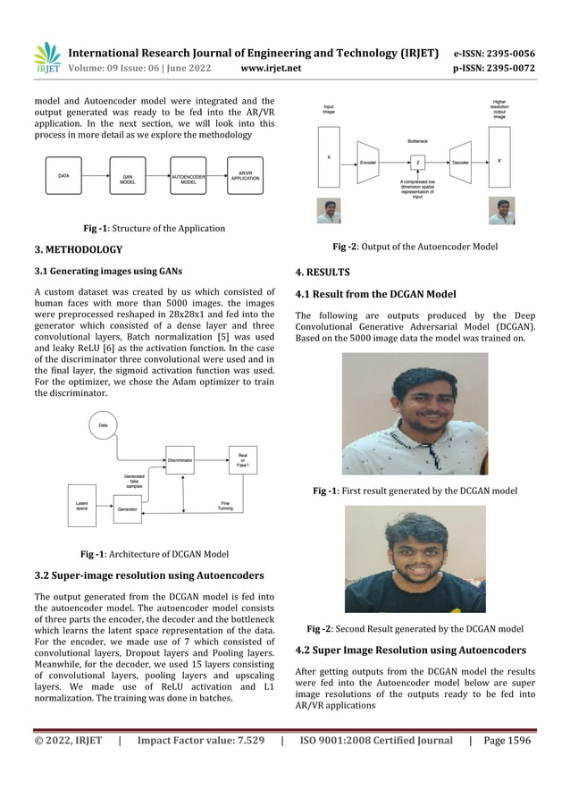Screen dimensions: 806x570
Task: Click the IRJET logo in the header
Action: tap(47, 59)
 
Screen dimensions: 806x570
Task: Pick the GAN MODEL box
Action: tap(128, 178)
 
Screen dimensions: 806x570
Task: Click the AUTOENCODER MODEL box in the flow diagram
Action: tap(189, 178)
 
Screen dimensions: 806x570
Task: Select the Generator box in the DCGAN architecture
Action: tap(129, 509)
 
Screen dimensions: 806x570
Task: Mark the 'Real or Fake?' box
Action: tap(243, 459)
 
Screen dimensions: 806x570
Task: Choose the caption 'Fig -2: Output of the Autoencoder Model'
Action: tap(415, 247)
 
